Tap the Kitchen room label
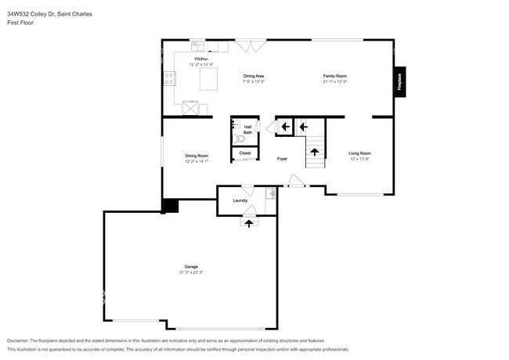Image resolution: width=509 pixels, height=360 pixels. (201, 59)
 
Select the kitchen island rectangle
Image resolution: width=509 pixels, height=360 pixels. (208, 79)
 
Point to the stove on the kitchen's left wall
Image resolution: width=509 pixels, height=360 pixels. (168, 77)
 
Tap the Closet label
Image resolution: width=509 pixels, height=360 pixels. (245, 153)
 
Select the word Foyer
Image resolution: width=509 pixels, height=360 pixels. (282, 159)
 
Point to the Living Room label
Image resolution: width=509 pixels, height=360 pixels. (359, 153)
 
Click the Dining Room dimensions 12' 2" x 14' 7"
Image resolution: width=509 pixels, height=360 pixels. (197, 161)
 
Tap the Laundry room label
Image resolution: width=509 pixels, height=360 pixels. (240, 200)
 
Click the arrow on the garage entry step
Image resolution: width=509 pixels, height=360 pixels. (250, 223)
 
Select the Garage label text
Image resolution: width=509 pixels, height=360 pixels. (190, 267)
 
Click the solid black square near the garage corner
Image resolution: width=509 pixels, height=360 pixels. (170, 206)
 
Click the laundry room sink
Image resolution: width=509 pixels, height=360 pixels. (270, 193)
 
